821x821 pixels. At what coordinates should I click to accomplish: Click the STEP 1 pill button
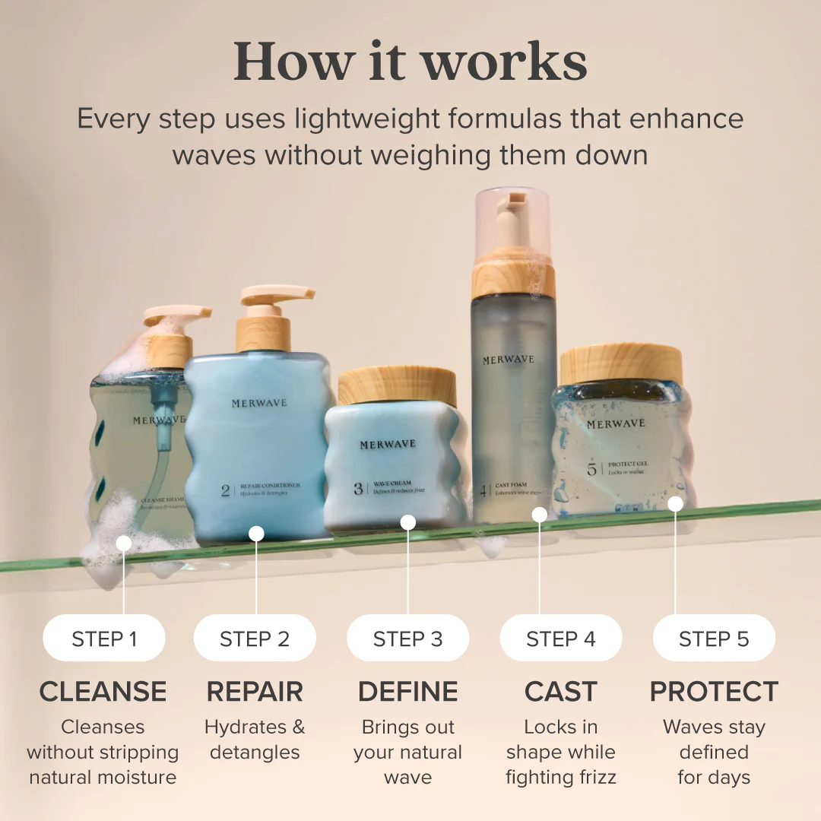click(x=104, y=639)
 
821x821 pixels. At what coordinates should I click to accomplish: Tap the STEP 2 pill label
click(x=255, y=639)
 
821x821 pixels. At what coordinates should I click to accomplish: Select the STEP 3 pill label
click(x=407, y=639)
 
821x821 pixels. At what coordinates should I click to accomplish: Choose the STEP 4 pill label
click(x=560, y=639)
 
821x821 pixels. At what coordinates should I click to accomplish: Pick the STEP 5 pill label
click(x=714, y=639)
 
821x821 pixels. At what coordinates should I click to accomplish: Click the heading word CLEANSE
click(x=103, y=692)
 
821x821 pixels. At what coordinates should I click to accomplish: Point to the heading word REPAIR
click(x=255, y=692)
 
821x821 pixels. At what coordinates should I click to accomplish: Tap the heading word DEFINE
click(x=407, y=692)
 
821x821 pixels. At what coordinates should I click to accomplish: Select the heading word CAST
click(x=560, y=692)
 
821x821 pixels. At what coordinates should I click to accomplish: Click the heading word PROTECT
click(x=714, y=692)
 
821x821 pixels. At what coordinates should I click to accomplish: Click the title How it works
click(x=410, y=61)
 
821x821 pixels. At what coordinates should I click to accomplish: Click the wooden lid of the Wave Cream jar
click(x=397, y=386)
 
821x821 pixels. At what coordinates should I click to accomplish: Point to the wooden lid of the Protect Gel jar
click(x=621, y=364)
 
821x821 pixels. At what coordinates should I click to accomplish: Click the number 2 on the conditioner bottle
click(x=225, y=490)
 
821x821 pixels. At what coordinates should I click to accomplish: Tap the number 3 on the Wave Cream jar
click(x=358, y=489)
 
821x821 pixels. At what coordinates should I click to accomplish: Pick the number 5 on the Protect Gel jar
click(x=591, y=469)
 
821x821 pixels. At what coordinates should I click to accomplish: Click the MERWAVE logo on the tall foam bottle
click(x=509, y=360)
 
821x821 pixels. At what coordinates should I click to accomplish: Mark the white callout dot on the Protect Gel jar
click(x=675, y=503)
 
